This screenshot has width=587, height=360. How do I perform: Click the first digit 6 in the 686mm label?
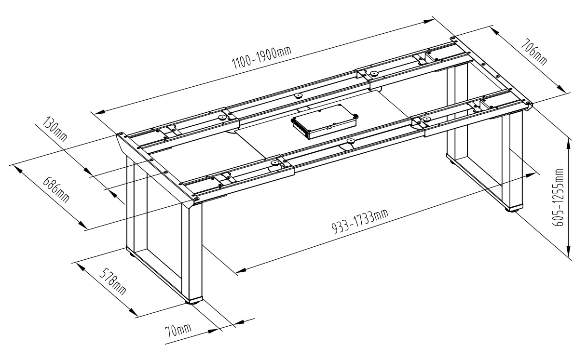pos(47,181)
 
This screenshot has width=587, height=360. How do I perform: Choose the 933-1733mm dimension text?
pos(360,221)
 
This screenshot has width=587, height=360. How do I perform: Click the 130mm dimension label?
pos(55,129)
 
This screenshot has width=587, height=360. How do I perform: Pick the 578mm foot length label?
pos(113,281)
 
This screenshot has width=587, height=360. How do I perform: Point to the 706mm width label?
pos(533,52)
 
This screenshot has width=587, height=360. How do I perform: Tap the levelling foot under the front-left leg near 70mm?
pos(192,302)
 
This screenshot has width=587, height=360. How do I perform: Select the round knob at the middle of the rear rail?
pos(298,95)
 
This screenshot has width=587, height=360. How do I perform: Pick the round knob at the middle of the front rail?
pos(350,142)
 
